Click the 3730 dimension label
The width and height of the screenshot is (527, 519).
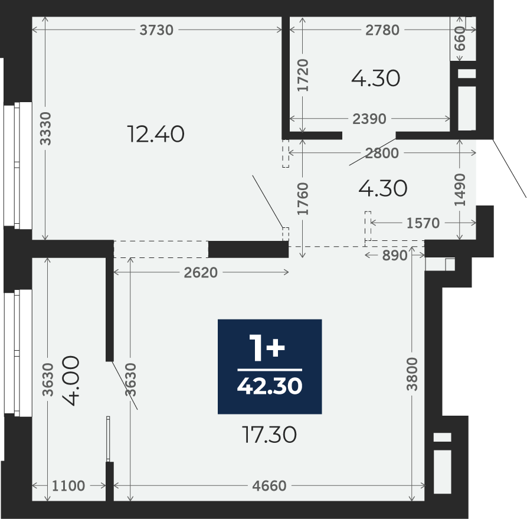coord(156,30)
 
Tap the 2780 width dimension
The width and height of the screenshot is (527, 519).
coord(382,30)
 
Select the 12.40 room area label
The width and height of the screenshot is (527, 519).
coord(156,134)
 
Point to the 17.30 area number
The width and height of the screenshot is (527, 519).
coord(269,435)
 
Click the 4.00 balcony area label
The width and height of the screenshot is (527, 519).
coord(71,381)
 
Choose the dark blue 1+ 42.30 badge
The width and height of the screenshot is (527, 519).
coord(270,367)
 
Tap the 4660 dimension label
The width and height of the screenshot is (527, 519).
coord(269,486)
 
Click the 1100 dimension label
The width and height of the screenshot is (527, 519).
coord(68,486)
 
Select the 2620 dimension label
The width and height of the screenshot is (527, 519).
coord(201,272)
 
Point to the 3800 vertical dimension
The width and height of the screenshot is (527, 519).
coord(412,374)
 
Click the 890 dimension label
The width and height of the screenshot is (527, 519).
coord(395,256)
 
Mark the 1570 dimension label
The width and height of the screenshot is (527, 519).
coord(423,223)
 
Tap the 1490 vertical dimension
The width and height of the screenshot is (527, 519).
coord(460,190)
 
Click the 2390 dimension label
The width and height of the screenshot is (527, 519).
coord(369,119)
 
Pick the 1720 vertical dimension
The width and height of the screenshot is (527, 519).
coord(303,75)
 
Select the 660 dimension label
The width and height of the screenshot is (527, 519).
coord(460,39)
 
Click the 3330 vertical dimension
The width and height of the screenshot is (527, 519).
coord(45,129)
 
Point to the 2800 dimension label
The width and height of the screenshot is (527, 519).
coord(382,154)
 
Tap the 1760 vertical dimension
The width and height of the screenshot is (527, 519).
coord(303,198)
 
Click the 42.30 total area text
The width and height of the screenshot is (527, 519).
coord(270,386)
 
